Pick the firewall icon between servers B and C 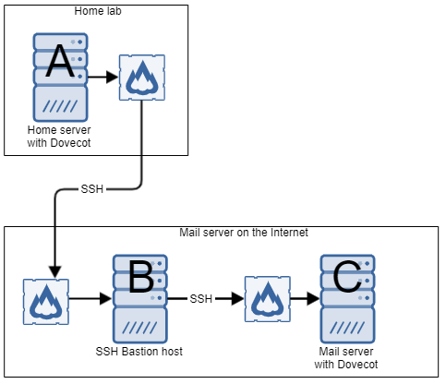click(268, 299)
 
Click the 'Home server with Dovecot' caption click(60, 138)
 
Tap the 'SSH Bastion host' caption click(140, 351)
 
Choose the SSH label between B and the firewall click(201, 299)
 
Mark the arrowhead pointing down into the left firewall click(54, 272)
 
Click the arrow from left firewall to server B click(90, 299)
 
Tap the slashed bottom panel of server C click(347, 324)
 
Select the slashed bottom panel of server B click(140, 324)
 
